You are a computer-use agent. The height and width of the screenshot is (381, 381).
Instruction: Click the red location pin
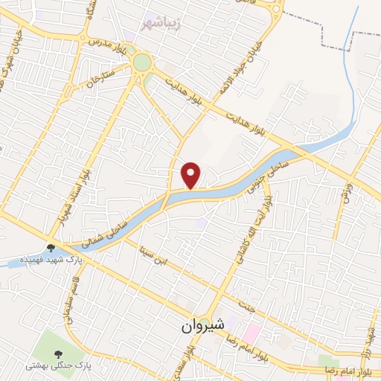191,175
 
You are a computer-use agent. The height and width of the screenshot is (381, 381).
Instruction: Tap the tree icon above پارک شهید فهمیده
51,247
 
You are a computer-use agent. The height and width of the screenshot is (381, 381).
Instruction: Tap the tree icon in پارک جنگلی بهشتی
57,349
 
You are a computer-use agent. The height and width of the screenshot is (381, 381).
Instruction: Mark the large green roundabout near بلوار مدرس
141,63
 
